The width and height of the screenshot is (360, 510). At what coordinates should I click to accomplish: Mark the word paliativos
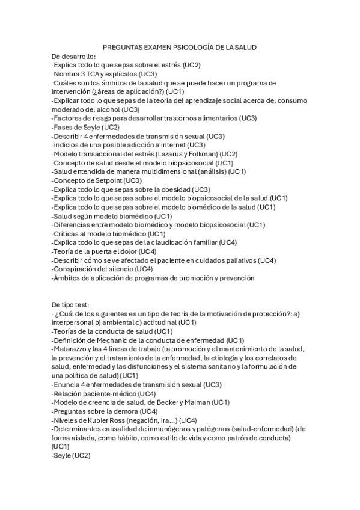(x=237, y=260)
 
